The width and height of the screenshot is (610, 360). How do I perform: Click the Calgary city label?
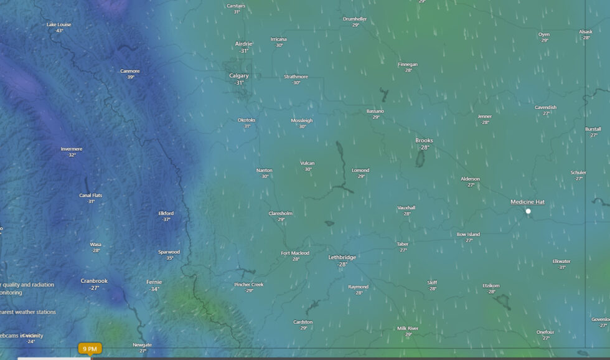click(239, 76)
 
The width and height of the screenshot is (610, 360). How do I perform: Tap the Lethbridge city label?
click(342, 257)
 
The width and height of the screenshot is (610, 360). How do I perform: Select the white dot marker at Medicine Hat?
click(528, 211)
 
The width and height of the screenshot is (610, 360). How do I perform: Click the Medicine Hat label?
click(527, 202)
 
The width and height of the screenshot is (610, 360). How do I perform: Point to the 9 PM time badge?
click(90, 349)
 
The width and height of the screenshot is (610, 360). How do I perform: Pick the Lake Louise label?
click(59, 25)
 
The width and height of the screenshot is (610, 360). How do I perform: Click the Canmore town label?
click(130, 71)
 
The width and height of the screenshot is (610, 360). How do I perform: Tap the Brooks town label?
click(424, 141)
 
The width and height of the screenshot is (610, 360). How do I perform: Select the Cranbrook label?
click(94, 281)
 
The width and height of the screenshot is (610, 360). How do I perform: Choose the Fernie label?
click(154, 282)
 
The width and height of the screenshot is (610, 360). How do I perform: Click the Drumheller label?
click(355, 19)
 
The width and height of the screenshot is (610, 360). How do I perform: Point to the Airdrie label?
click(243, 44)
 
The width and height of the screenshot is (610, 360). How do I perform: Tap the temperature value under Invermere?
click(72, 155)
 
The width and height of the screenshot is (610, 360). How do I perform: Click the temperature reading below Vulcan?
click(307, 169)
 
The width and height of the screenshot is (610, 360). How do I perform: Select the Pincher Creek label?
click(249, 285)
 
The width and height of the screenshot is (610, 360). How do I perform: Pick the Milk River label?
click(408, 328)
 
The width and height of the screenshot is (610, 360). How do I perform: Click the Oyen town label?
click(544, 34)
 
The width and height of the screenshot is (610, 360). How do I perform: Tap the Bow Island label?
click(468, 234)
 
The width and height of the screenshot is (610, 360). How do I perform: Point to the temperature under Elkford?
click(166, 219)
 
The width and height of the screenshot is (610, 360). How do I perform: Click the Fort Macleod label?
click(295, 253)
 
